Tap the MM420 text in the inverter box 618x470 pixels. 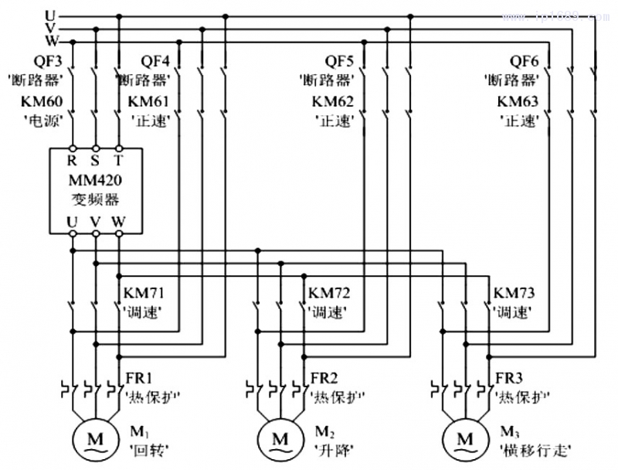click(x=96, y=182)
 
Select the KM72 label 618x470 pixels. click(x=329, y=295)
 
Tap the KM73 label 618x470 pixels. click(x=514, y=295)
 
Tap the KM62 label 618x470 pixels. click(x=333, y=101)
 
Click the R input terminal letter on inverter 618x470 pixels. click(x=72, y=162)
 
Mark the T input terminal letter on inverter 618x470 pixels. click(x=119, y=162)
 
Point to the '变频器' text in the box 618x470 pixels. click(x=96, y=202)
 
